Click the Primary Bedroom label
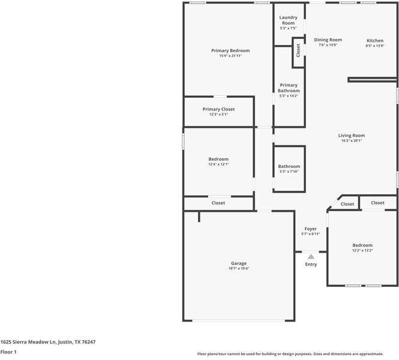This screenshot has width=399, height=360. (x=230, y=50)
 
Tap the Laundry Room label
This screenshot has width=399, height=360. (x=289, y=20)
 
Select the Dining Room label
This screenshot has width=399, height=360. (x=328, y=40)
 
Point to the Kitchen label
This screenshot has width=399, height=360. (x=375, y=40)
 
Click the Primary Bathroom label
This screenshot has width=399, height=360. (x=289, y=88)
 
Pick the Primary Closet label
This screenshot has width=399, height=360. (x=218, y=109)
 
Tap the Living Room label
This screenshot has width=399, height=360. (x=352, y=136)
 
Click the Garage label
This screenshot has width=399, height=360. (x=239, y=263)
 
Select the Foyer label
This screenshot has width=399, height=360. (x=310, y=229)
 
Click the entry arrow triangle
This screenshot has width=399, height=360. (x=311, y=257)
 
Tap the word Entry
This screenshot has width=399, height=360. (x=311, y=265)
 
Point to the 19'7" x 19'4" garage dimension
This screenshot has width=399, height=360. (x=239, y=269)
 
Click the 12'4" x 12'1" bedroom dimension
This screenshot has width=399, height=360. (x=218, y=164)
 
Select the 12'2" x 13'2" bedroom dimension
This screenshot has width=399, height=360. (x=362, y=251)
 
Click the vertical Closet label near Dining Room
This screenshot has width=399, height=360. (x=298, y=52)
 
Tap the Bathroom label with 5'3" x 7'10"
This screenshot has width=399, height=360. (x=289, y=166)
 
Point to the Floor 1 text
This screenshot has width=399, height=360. (x=8, y=352)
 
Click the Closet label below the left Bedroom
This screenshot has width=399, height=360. (x=218, y=203)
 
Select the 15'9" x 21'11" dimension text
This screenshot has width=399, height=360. (x=230, y=56)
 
